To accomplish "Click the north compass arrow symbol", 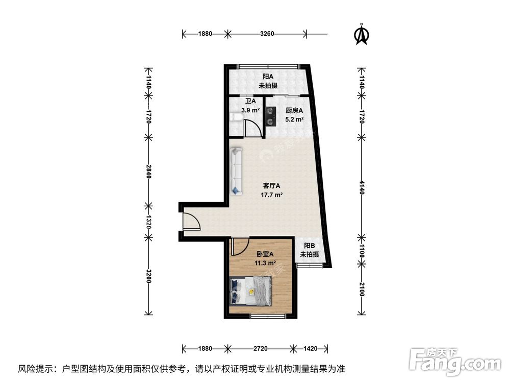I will click(x=362, y=34).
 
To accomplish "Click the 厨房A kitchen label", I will click(x=294, y=110).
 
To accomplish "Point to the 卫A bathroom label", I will click(x=250, y=101).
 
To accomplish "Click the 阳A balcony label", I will click(x=268, y=77).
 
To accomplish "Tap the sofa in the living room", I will click(x=237, y=171).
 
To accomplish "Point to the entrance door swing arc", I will click(x=191, y=221).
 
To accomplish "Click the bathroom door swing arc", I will click(x=253, y=128).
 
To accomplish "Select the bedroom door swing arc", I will click(x=239, y=247).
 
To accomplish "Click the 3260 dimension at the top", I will click(x=267, y=34).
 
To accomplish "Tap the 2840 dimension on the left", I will click(x=148, y=172).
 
